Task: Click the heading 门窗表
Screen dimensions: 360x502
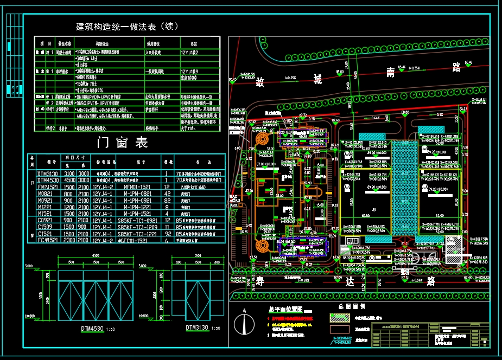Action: coord(122,143)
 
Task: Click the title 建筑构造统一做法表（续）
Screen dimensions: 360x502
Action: coord(127,26)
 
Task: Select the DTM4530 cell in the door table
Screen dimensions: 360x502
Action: coord(48,179)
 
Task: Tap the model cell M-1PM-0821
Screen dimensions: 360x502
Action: coord(138,192)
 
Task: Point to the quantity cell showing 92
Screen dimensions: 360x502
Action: coord(167,233)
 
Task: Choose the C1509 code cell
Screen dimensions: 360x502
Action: coord(46,227)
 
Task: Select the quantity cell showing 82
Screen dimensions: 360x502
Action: coord(167,200)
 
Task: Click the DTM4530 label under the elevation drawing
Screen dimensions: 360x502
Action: coord(93,329)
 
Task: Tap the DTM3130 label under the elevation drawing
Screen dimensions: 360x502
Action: coord(197,328)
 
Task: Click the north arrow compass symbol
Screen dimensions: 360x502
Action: coord(244,323)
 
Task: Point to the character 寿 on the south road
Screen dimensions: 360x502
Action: coord(261,281)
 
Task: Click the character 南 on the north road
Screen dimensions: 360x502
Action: coord(390,72)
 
